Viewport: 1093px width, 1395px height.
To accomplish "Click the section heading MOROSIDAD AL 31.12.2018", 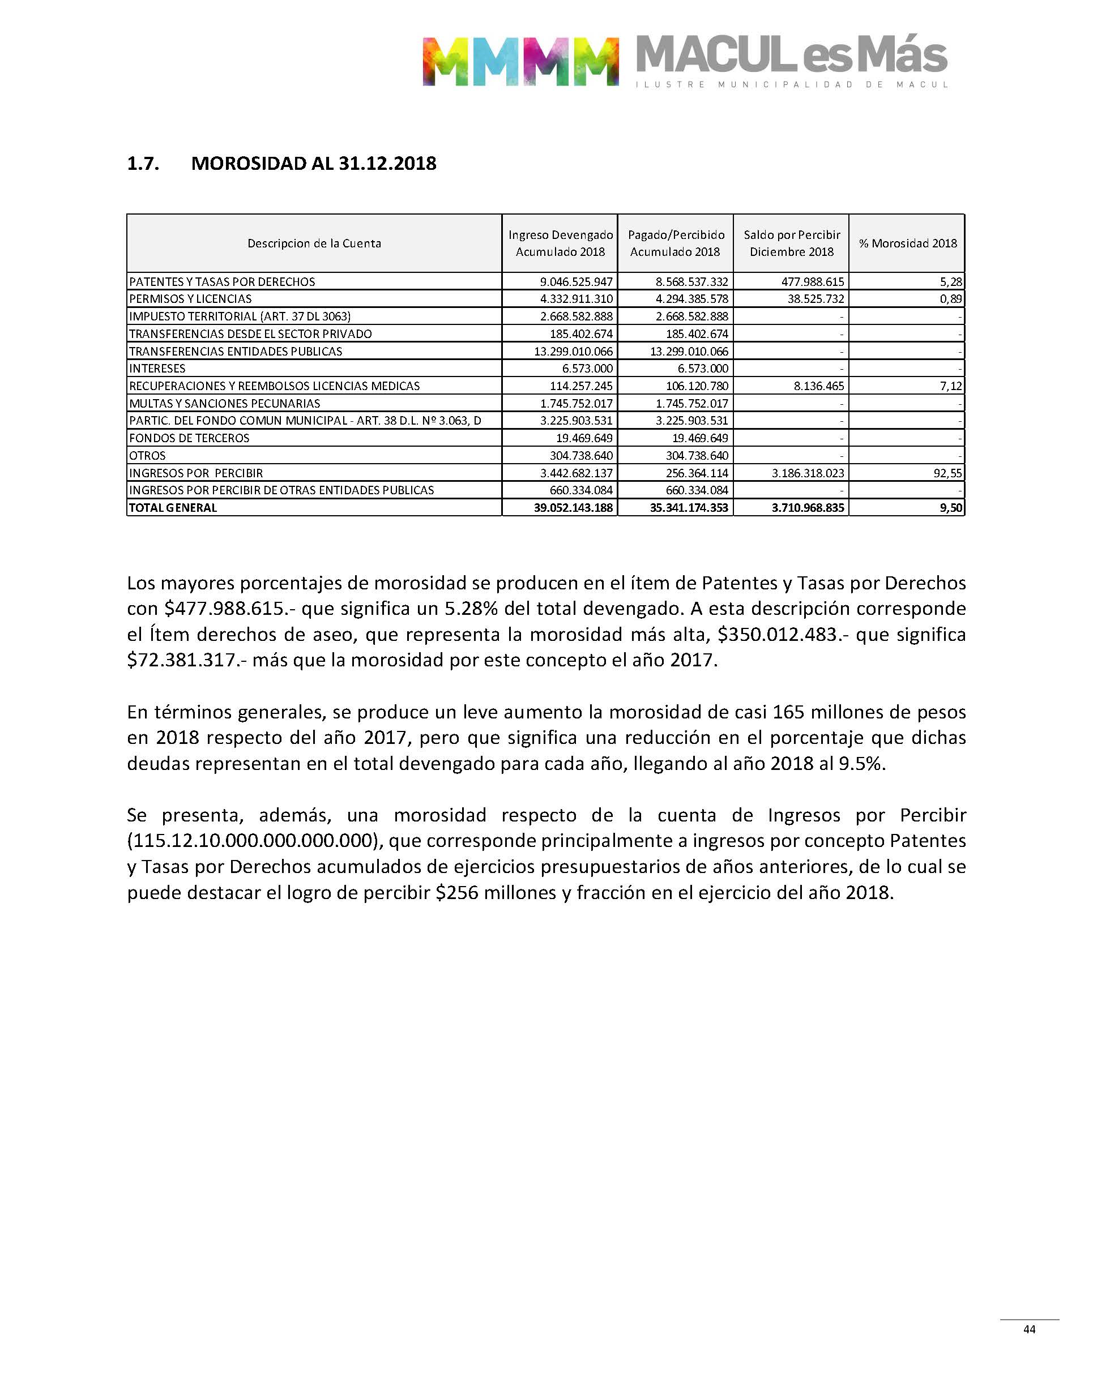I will click(x=314, y=164).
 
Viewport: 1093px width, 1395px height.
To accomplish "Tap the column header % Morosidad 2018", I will click(x=907, y=243).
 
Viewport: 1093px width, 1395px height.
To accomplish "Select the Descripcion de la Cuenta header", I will click(x=314, y=243).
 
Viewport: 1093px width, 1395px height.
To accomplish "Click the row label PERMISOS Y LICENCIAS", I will click(x=191, y=299).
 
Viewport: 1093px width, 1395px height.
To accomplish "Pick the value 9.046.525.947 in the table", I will click(x=576, y=281).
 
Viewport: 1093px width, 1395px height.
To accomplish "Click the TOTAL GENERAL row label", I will click(x=173, y=508).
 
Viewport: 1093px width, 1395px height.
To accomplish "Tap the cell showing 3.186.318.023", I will click(x=808, y=473).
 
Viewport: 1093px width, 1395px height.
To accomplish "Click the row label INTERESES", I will click(x=157, y=369).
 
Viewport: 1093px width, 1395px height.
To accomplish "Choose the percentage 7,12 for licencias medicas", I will click(x=951, y=386).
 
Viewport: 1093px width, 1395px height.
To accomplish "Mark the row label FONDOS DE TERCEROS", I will click(x=189, y=438).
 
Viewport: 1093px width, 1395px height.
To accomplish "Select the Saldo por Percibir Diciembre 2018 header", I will click(x=792, y=243).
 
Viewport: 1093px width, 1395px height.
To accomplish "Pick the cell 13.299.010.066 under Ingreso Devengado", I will click(x=573, y=351).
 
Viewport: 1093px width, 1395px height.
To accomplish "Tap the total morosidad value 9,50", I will click(x=949, y=508).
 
